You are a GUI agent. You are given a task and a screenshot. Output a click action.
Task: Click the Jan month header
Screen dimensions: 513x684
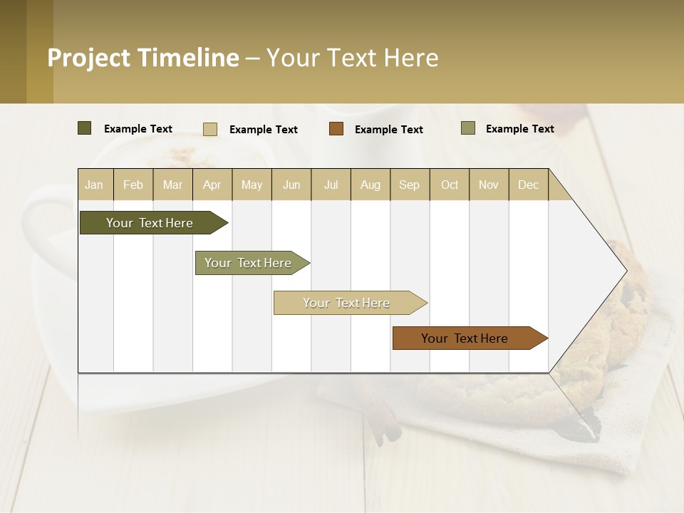click(94, 185)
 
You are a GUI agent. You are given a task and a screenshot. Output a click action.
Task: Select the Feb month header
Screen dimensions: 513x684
click(133, 185)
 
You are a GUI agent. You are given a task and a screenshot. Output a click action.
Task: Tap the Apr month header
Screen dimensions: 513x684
click(212, 185)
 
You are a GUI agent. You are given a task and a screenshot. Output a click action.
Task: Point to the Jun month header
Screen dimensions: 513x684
click(291, 185)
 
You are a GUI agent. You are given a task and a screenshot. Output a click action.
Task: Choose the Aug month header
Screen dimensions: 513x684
click(370, 185)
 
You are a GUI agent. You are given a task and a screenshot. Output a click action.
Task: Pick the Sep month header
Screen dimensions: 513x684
click(410, 185)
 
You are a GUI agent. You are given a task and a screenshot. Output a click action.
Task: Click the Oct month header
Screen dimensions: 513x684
click(450, 185)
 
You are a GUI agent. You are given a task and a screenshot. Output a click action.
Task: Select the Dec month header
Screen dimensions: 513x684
click(529, 185)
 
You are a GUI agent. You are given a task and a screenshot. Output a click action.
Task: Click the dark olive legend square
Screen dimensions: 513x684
click(85, 128)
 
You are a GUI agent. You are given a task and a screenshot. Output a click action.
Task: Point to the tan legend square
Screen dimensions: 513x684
click(210, 129)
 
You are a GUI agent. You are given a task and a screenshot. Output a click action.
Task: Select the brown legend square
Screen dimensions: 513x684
click(336, 129)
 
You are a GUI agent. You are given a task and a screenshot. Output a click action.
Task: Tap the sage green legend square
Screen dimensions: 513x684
click(468, 128)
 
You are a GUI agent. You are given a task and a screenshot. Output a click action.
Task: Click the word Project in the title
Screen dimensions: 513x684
click(89, 58)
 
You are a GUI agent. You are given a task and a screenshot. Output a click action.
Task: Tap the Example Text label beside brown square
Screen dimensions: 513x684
click(389, 130)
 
